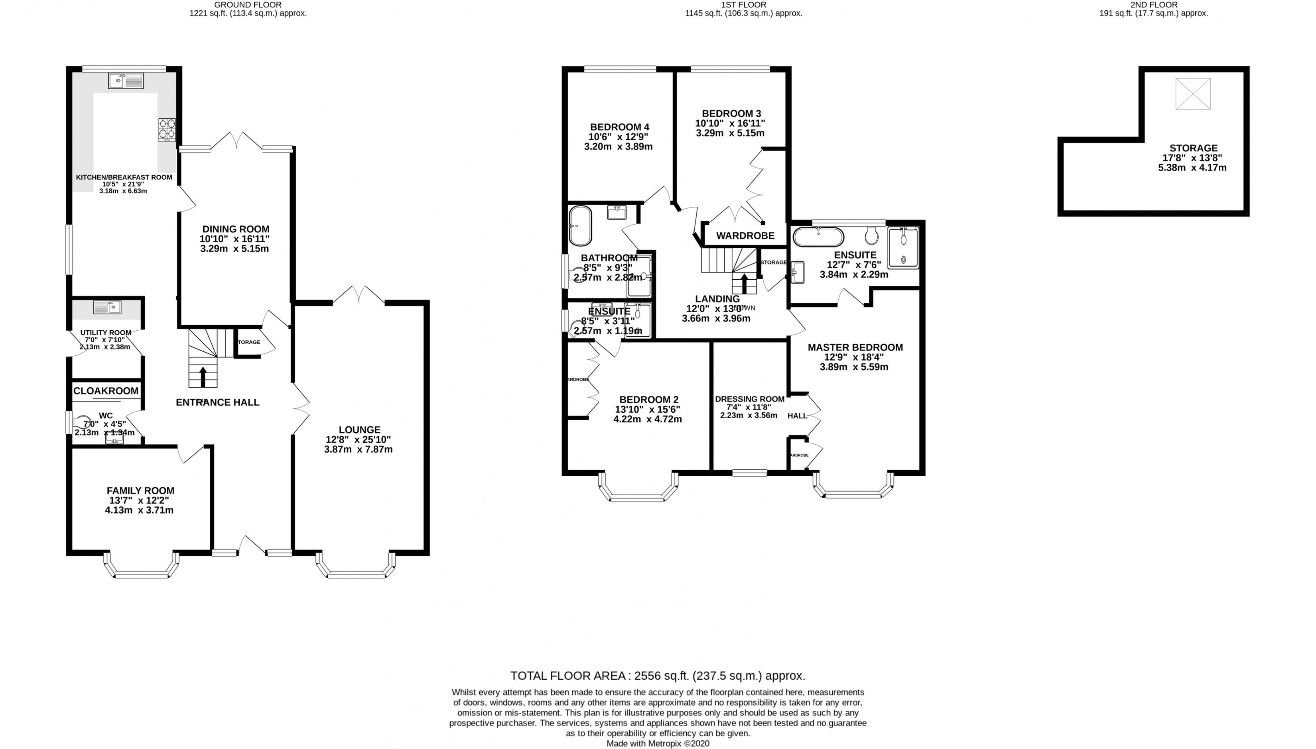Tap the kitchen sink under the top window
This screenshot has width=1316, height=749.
[x=126, y=81]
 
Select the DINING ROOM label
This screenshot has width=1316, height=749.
[x=235, y=229]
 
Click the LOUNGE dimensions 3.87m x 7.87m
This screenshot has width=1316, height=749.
[x=359, y=449]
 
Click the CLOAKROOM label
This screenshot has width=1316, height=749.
[x=106, y=391]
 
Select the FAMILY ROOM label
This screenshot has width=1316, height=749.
[x=140, y=491]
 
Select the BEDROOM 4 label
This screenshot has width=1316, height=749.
[x=619, y=127]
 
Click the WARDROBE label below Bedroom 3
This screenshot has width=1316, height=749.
[x=745, y=235]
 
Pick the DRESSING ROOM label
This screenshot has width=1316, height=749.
[x=750, y=399]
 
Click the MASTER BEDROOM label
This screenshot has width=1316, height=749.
[x=855, y=347]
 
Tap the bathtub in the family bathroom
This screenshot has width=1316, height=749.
[x=580, y=226]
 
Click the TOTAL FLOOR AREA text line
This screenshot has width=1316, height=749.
[x=658, y=675]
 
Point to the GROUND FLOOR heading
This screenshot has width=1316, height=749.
[x=248, y=5]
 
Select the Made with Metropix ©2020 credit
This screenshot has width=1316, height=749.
[x=658, y=743]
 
